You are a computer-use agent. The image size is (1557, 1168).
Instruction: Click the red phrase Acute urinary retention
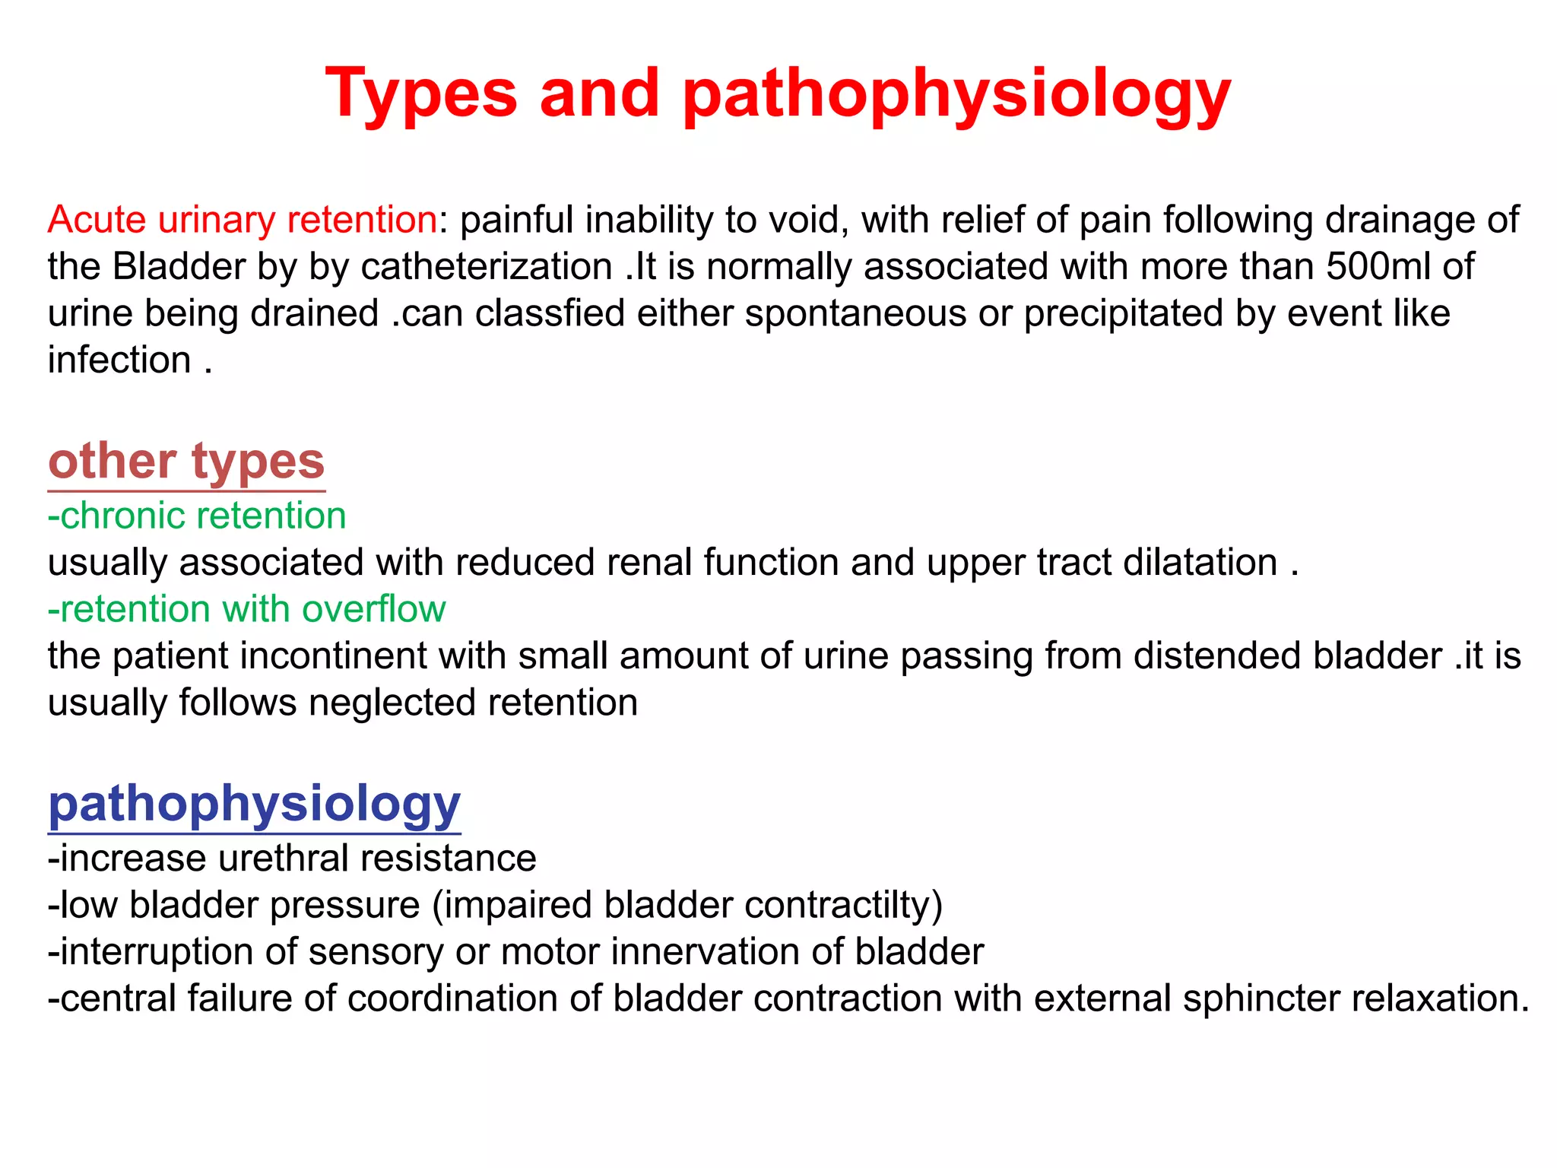[242, 220]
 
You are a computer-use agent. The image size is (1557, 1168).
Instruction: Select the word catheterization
[487, 267]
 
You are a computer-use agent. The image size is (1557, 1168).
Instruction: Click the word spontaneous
[855, 314]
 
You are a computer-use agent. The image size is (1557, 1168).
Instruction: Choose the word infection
[119, 360]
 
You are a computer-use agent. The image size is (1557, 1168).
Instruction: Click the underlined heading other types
[186, 462]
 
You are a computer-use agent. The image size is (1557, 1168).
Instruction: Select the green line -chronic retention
[196, 516]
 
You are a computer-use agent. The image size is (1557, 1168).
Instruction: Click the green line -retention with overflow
[246, 609]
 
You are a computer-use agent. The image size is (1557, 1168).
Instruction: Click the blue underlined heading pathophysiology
[254, 804]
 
